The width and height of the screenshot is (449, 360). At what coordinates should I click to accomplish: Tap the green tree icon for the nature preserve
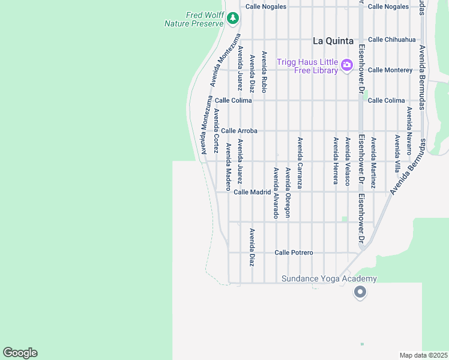click(233, 19)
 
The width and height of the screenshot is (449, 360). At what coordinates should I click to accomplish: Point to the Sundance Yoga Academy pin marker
click(360, 292)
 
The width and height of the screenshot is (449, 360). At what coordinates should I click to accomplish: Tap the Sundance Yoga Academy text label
click(330, 278)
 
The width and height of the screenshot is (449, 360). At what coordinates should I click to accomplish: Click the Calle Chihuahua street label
click(391, 40)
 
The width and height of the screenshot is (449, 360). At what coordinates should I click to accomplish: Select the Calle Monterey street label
click(390, 70)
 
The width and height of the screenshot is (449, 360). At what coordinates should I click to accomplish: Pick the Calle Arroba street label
click(239, 130)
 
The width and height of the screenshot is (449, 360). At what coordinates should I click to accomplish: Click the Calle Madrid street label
click(252, 192)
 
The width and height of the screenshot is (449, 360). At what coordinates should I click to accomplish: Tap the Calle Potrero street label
click(294, 253)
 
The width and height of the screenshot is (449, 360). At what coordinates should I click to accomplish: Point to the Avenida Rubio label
click(264, 73)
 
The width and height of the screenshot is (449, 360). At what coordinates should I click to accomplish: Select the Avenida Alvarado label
click(276, 193)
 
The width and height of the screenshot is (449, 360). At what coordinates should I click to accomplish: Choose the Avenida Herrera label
click(336, 161)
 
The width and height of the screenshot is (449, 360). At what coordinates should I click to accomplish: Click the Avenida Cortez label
click(215, 131)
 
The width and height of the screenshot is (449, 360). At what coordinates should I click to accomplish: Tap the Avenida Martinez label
click(373, 163)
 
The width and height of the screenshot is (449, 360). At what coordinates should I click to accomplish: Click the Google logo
click(20, 353)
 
